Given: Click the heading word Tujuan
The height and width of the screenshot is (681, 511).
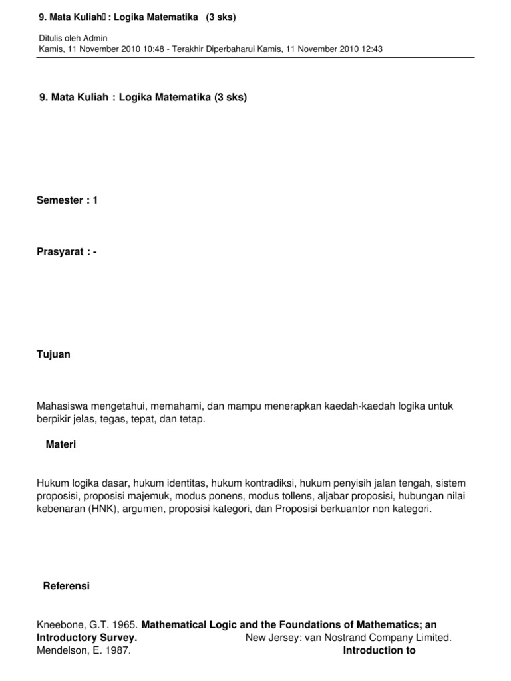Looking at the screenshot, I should click(x=53, y=354).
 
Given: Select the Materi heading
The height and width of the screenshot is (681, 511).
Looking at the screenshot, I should click(x=61, y=444).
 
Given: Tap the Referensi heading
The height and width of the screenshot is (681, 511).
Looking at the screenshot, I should click(x=66, y=586).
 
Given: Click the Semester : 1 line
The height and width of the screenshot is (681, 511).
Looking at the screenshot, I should click(x=67, y=200).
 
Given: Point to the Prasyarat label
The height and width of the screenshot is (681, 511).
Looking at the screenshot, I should click(x=60, y=252).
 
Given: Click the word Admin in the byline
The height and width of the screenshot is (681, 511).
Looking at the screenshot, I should click(x=96, y=38).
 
